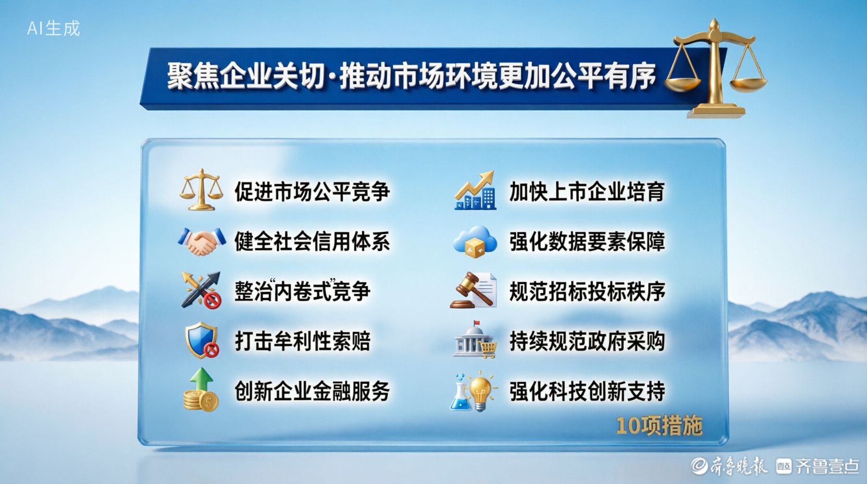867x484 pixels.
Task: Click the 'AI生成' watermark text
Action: (54, 28)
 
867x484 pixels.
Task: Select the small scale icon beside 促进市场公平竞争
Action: (201, 189)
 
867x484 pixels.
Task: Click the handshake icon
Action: (202, 241)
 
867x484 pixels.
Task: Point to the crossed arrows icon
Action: (201, 291)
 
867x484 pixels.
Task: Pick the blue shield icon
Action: (202, 340)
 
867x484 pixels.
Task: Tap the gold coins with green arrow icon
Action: (201, 390)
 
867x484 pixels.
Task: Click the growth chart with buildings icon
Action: (475, 190)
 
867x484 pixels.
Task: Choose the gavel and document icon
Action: (474, 290)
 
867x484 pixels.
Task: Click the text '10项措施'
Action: (659, 426)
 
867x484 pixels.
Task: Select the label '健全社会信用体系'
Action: (312, 241)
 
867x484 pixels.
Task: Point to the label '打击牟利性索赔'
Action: (302, 341)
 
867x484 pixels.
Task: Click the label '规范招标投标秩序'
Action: (587, 292)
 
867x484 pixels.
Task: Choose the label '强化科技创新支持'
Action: (587, 391)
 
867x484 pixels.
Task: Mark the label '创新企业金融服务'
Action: (312, 391)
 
